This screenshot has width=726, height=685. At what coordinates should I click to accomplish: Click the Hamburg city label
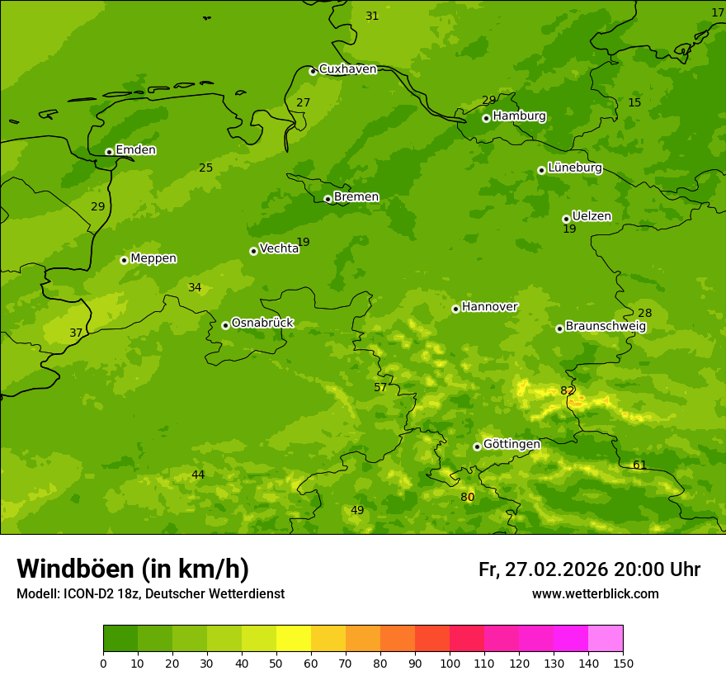(519, 116)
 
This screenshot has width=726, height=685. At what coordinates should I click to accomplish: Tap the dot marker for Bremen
(328, 199)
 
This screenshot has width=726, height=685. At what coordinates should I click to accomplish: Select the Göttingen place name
(511, 445)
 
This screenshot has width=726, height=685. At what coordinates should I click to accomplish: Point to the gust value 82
(568, 390)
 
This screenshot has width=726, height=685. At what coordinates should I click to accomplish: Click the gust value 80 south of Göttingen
(467, 497)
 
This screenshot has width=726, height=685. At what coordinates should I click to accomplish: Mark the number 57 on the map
(380, 387)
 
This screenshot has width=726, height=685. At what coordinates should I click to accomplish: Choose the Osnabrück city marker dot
(225, 325)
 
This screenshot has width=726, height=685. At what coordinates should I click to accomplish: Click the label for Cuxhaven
(347, 69)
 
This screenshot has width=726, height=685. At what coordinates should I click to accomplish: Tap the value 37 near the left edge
(76, 333)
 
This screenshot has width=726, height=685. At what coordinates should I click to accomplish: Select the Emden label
(135, 150)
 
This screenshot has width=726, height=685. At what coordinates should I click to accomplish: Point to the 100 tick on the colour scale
(450, 663)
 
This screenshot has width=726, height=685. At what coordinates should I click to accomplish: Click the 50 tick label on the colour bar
(276, 663)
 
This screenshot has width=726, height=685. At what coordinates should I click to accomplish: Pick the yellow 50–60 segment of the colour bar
(294, 638)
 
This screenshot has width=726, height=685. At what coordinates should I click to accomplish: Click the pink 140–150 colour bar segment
(606, 638)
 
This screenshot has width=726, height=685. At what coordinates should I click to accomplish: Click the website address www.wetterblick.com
(595, 593)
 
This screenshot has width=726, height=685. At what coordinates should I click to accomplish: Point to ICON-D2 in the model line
(90, 593)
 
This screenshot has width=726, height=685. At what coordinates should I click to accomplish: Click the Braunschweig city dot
(559, 328)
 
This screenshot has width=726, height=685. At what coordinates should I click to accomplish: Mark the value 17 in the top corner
(718, 12)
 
